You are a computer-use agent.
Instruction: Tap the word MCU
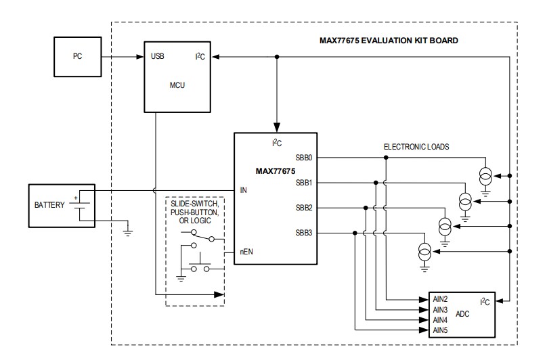click(x=177, y=86)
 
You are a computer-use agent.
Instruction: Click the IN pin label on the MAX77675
click(x=243, y=190)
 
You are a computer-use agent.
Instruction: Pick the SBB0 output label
click(x=305, y=158)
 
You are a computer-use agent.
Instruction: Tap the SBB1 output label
click(x=305, y=183)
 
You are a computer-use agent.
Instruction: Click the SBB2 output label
click(x=305, y=208)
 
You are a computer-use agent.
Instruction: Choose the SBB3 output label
click(x=305, y=233)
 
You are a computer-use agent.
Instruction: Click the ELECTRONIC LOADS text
click(x=416, y=146)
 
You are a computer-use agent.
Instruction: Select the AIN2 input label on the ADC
click(x=440, y=299)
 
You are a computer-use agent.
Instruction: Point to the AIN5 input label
click(x=440, y=330)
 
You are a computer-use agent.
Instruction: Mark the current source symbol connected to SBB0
click(x=485, y=176)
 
